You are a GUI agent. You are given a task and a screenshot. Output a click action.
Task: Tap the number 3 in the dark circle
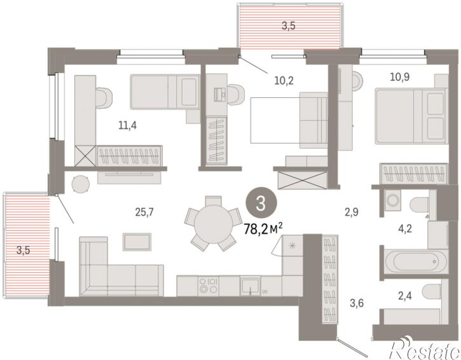(x=261, y=204)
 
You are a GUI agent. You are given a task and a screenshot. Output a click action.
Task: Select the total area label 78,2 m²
(x=263, y=228)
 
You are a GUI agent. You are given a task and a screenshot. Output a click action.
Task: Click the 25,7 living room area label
(x=144, y=212)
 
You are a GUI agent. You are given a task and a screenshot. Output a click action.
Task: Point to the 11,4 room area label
(x=128, y=125)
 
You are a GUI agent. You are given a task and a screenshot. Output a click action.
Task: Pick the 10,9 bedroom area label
(x=400, y=77)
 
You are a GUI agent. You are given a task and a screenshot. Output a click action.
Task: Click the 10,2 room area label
(x=284, y=80)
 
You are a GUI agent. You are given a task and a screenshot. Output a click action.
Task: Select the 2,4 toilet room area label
(x=405, y=296)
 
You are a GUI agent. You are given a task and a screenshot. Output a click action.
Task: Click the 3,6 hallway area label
(x=357, y=303)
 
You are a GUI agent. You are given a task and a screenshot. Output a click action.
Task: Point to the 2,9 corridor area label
(x=352, y=212)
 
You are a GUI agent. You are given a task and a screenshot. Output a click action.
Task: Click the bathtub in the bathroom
(x=416, y=261)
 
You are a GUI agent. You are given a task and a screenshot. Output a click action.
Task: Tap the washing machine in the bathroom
(x=392, y=200)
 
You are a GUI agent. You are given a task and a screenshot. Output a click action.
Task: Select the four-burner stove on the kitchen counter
(x=208, y=286)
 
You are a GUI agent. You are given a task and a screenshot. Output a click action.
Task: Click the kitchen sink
(x=250, y=286)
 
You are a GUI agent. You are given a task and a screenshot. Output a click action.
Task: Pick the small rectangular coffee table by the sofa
(x=137, y=242)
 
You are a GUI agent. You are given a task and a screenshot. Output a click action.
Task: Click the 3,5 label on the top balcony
(x=289, y=26)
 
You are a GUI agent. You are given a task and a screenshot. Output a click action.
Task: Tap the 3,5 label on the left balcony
(x=24, y=251)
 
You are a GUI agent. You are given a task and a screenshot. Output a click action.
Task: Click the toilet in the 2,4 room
(x=432, y=291)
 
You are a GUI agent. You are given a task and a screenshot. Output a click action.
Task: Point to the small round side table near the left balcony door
(x=81, y=184)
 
